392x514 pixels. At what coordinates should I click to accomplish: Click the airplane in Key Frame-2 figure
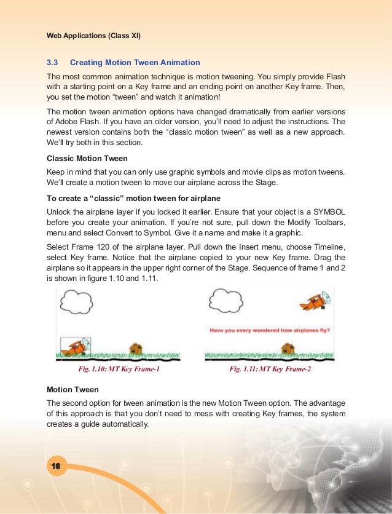click(x=314, y=303)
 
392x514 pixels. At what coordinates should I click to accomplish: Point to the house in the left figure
click(x=136, y=349)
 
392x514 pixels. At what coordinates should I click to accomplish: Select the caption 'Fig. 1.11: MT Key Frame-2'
click(x=270, y=370)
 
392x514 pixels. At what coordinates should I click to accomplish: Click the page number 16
click(x=55, y=467)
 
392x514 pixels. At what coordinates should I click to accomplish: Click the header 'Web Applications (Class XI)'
click(x=94, y=35)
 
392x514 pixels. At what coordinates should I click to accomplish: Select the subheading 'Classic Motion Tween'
click(x=87, y=159)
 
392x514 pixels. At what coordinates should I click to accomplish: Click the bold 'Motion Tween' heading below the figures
click(x=73, y=390)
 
